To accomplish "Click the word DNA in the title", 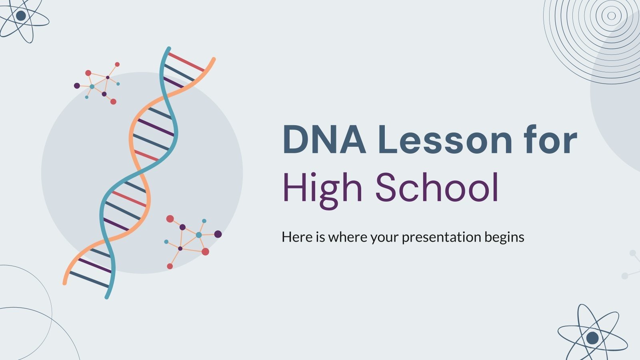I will click(324, 140).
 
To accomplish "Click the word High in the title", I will click(322, 188).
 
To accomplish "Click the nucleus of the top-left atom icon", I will click(21, 16).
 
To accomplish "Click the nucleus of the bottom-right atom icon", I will click(592, 338).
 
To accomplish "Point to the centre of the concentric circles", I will click(611, 16).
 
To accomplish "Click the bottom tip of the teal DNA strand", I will click(107, 297).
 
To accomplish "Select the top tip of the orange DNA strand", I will click(214, 59).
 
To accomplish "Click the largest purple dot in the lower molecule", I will click(218, 234).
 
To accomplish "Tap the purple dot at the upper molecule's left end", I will click(77, 86).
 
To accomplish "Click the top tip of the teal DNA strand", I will click(168, 48).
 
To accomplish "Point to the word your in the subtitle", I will click(385, 238).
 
